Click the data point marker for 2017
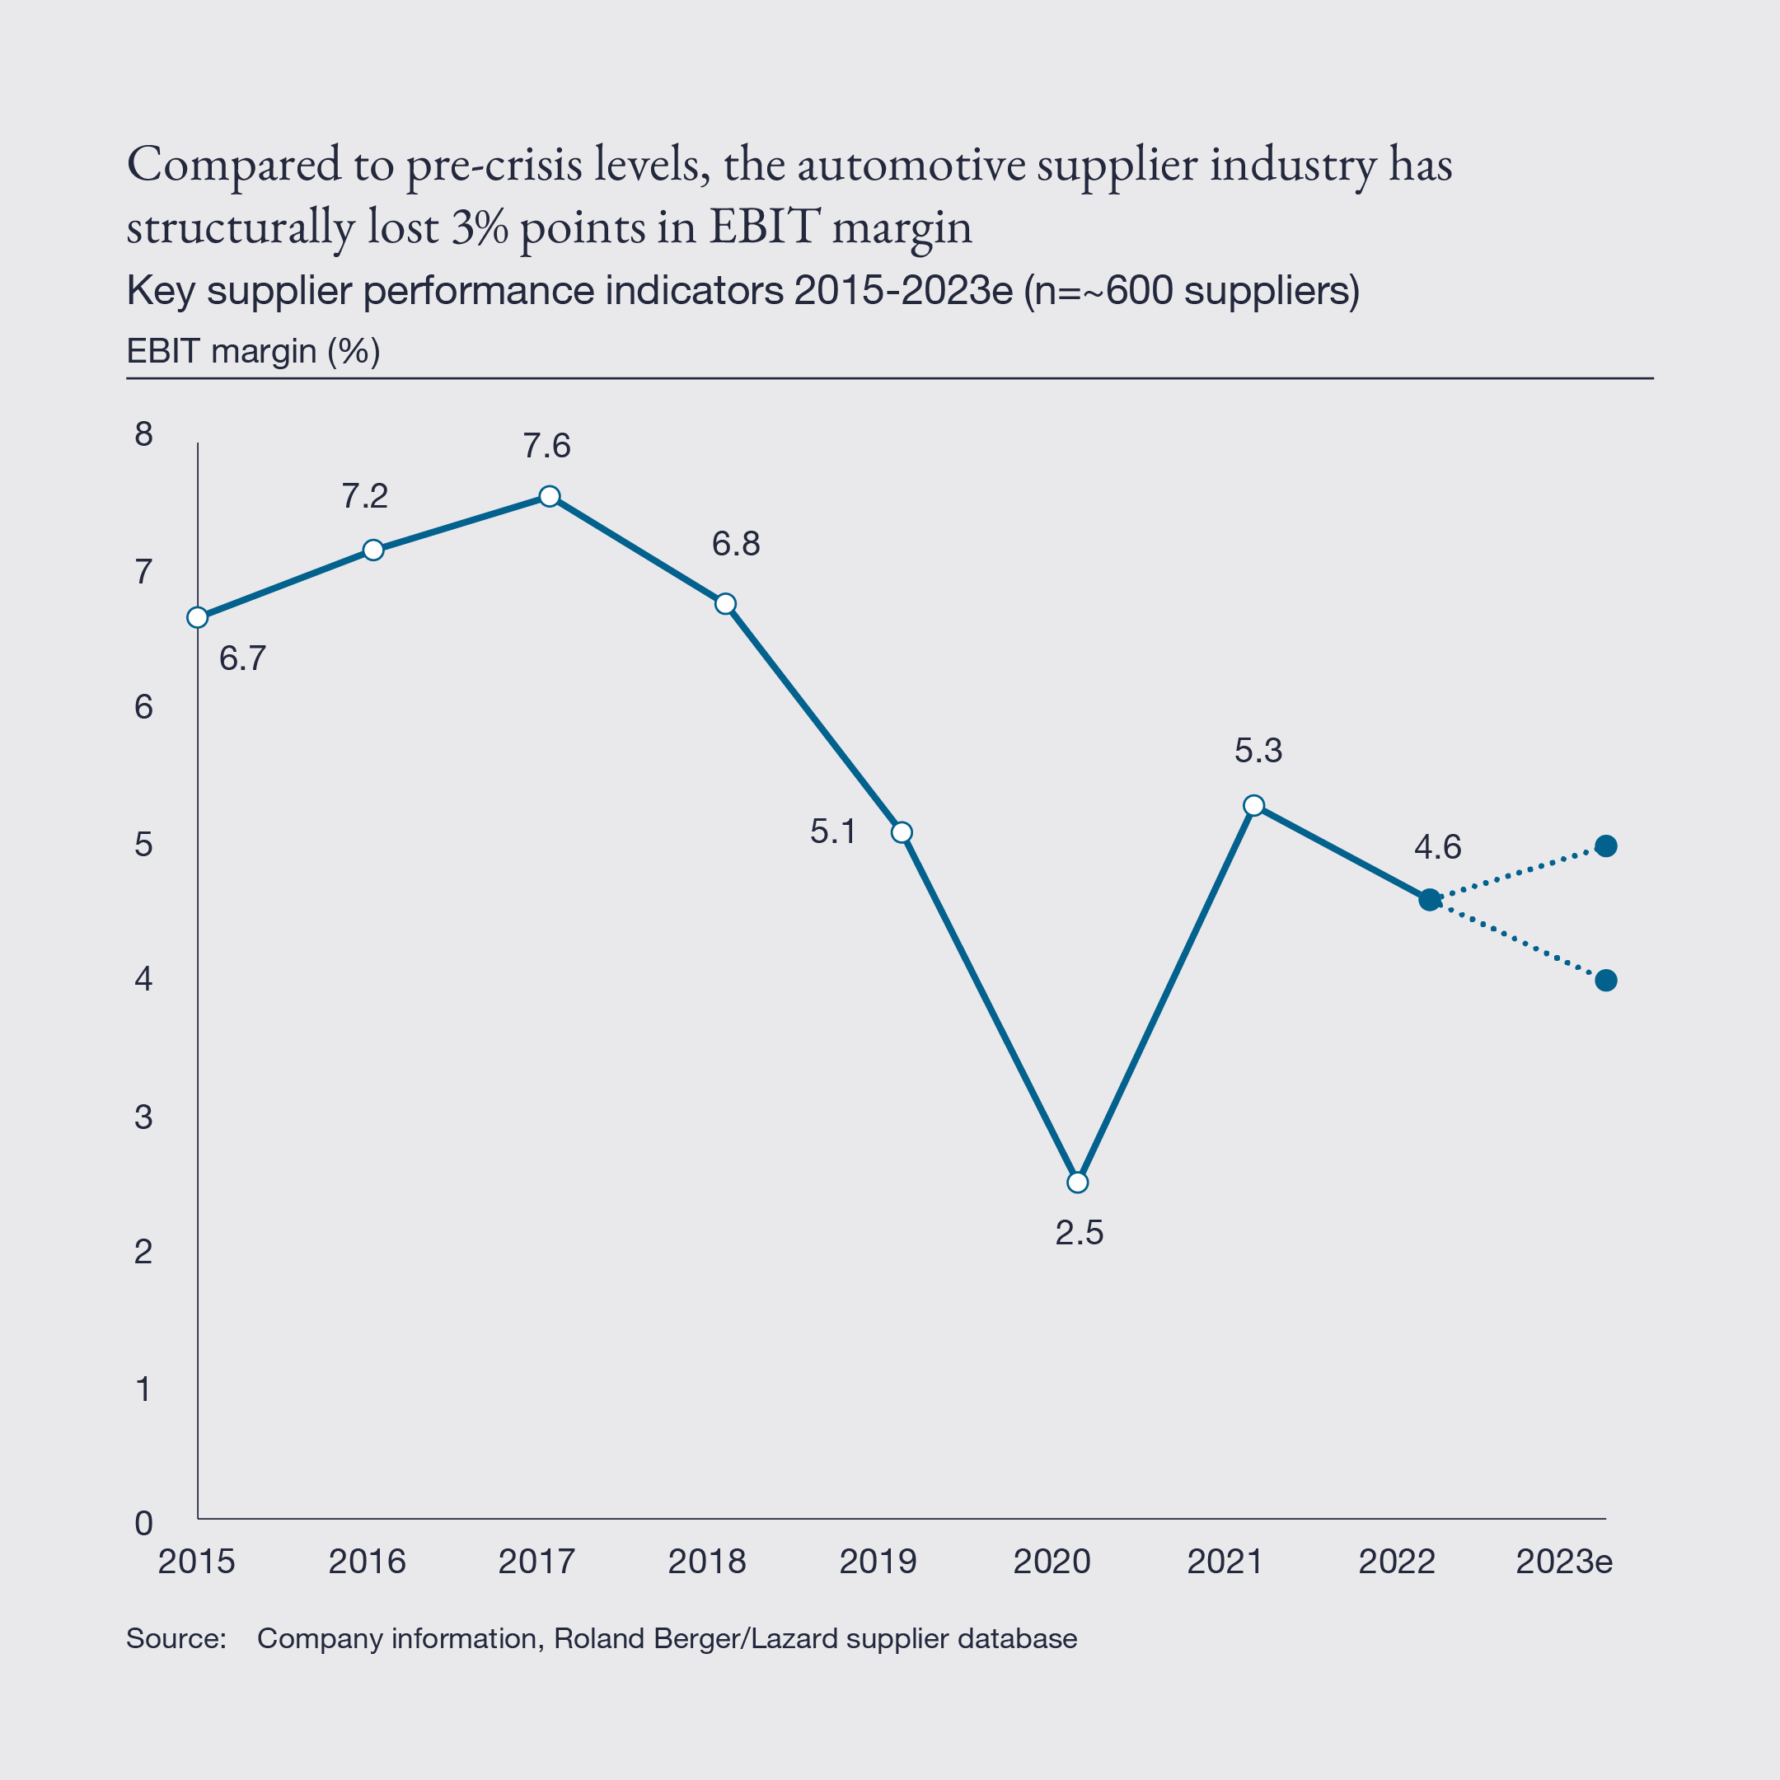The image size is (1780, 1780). click(x=549, y=497)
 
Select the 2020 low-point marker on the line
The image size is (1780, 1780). click(x=1077, y=1182)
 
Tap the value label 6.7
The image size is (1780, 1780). click(x=242, y=658)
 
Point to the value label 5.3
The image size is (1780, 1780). click(x=1258, y=751)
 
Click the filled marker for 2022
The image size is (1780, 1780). click(x=1429, y=900)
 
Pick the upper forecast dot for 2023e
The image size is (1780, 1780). click(x=1606, y=845)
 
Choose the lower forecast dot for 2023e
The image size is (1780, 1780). click(x=1606, y=981)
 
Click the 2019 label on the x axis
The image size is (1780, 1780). click(x=878, y=1562)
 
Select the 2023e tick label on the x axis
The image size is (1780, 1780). click(x=1563, y=1562)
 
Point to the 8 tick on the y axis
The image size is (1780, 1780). click(x=143, y=434)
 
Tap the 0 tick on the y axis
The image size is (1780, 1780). click(x=143, y=1523)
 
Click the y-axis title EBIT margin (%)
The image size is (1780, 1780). click(x=253, y=351)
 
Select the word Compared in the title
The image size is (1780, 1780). click(x=234, y=165)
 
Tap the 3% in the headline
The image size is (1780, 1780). click(x=479, y=227)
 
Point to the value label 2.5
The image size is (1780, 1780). click(x=1079, y=1233)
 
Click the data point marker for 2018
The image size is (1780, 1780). click(x=725, y=604)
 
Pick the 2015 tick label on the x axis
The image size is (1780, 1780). click(x=196, y=1562)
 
